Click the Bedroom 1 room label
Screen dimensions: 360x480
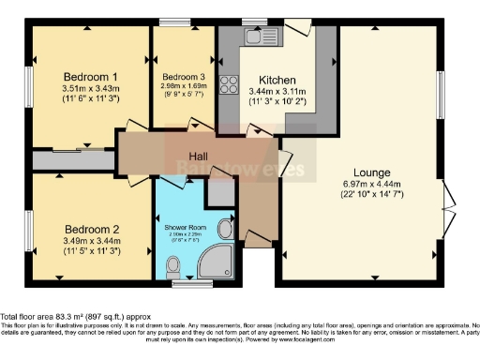point(90,76)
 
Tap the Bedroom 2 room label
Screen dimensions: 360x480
point(91,228)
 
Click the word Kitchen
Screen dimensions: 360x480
point(277,79)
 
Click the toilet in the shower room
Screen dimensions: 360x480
point(226,228)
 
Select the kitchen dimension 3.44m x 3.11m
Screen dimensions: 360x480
point(277,91)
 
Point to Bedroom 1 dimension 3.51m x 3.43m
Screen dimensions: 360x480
point(90,91)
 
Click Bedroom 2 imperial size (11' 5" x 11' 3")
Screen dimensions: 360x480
point(91,251)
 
